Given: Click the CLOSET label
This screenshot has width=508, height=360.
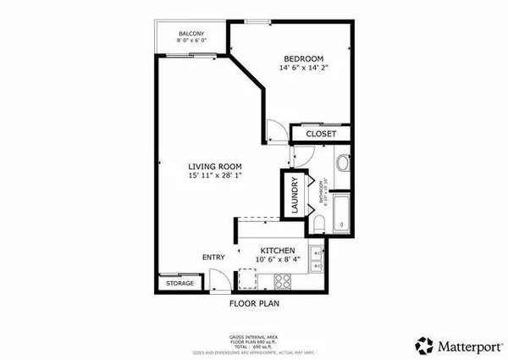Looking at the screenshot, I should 321,134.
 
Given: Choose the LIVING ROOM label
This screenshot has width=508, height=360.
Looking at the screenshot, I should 216,166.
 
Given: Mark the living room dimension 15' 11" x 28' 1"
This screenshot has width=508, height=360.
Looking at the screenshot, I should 216,176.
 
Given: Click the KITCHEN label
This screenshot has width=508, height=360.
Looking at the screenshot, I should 277,251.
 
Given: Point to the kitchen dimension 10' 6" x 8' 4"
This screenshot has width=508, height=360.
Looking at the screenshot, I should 277,261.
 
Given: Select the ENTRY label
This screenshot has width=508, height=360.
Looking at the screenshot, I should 213,258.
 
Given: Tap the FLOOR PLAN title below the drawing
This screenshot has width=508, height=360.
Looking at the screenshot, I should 254,302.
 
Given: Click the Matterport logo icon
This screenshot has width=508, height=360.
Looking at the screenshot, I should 424,345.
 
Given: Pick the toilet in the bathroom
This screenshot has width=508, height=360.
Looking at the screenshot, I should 317,221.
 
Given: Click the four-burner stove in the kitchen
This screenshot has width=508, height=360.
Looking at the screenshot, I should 248,278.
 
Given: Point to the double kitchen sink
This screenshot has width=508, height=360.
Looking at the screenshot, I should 315,258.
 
